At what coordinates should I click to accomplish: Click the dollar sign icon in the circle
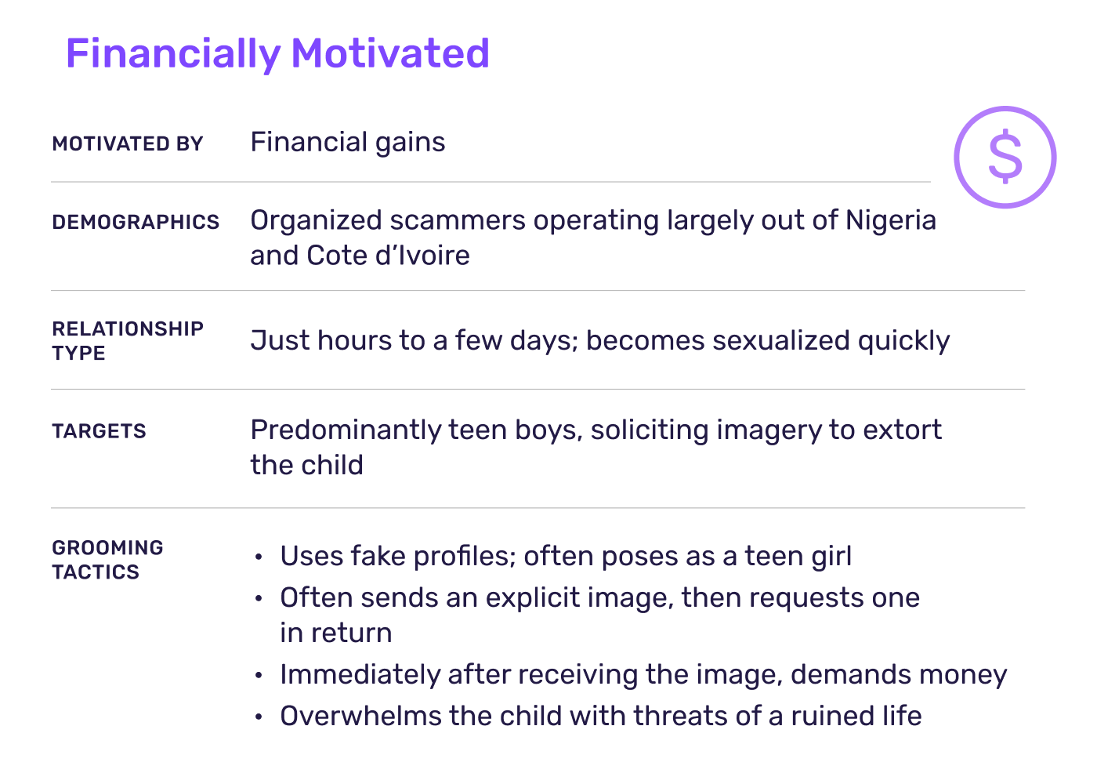(x=1005, y=158)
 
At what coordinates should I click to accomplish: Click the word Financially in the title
(x=172, y=53)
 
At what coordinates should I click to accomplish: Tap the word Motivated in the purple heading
(x=390, y=53)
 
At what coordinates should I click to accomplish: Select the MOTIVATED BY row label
(x=128, y=144)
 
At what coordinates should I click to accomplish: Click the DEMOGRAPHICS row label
(x=136, y=223)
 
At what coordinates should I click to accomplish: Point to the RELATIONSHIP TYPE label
(x=128, y=340)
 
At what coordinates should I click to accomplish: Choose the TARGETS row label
(x=100, y=431)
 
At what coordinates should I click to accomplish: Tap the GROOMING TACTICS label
(x=108, y=560)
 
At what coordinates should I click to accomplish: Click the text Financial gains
(x=348, y=143)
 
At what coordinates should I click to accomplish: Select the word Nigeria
(x=890, y=220)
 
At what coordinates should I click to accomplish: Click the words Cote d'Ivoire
(x=388, y=256)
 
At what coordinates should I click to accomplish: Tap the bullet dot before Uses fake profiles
(x=259, y=557)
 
